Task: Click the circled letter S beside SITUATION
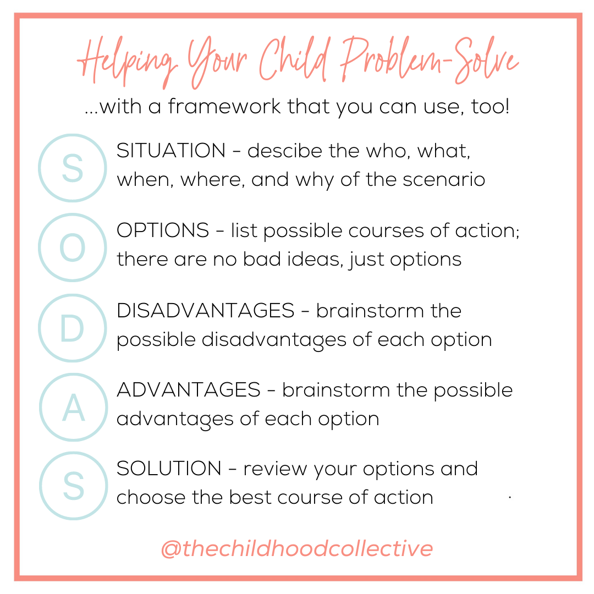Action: pyautogui.click(x=73, y=168)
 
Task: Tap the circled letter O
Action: pyautogui.click(x=73, y=248)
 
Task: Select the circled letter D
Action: pyautogui.click(x=73, y=328)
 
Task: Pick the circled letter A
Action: pyautogui.click(x=74, y=407)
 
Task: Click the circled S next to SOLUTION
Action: pyautogui.click(x=74, y=486)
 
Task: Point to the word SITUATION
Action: pyautogui.click(x=171, y=151)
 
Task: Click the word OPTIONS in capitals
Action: pyautogui.click(x=162, y=230)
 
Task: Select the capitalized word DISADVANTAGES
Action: pyautogui.click(x=205, y=311)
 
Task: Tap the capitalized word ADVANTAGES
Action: pyautogui.click(x=189, y=390)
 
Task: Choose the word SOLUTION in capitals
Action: pyautogui.click(x=169, y=469)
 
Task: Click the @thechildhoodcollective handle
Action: pyautogui.click(x=297, y=548)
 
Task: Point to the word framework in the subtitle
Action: pyautogui.click(x=224, y=106)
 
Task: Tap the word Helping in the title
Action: pyautogui.click(x=127, y=63)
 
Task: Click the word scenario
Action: pyautogui.click(x=444, y=179)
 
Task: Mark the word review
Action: pyautogui.click(x=275, y=470)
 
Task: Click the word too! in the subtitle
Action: pyautogui.click(x=490, y=106)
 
